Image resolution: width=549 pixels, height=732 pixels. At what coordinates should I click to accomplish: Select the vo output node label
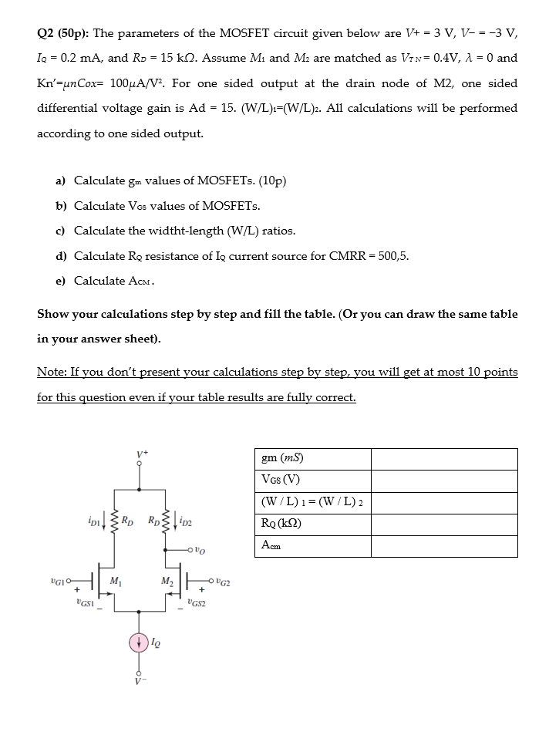[200, 550]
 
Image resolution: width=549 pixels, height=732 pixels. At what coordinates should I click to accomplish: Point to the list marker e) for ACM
[61, 281]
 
